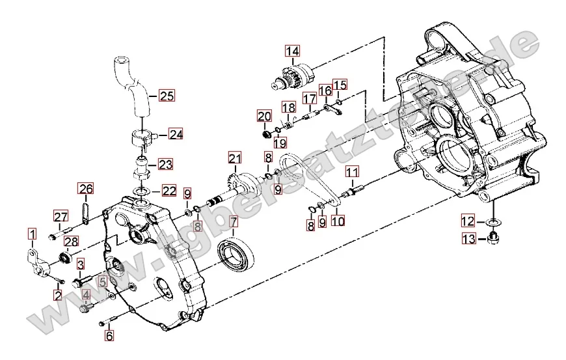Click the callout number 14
(292, 51)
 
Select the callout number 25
(167, 96)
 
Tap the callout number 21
(234, 158)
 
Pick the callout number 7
(234, 222)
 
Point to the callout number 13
(469, 240)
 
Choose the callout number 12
(469, 219)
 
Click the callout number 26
(86, 189)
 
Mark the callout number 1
(32, 233)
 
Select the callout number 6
(109, 336)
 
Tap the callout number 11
(352, 173)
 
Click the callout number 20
(263, 117)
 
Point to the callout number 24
(176, 134)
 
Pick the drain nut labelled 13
(493, 239)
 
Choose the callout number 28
(71, 242)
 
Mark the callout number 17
(309, 99)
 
